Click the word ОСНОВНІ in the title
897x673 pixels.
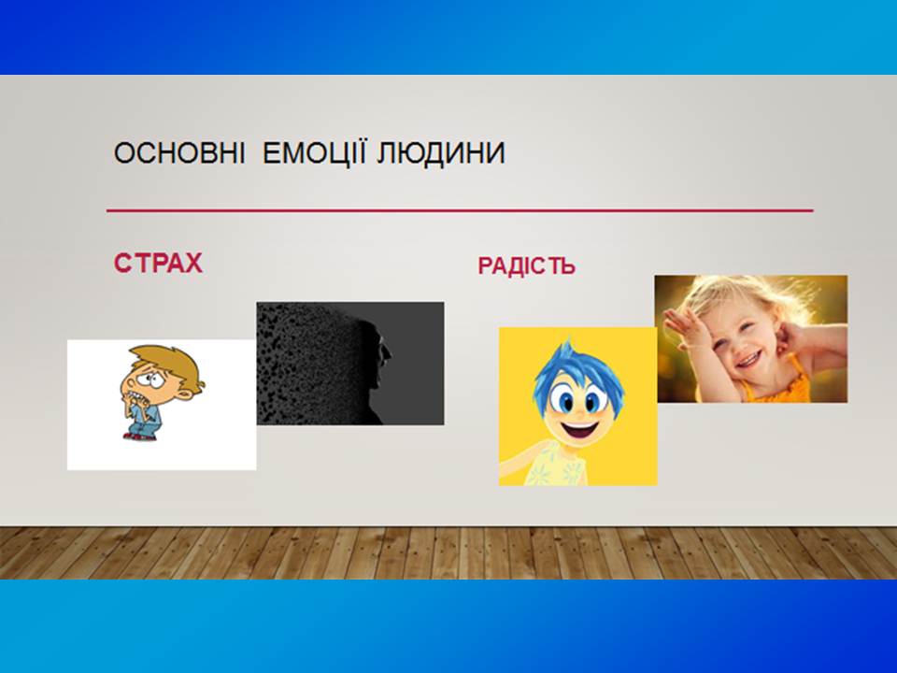pos(179,152)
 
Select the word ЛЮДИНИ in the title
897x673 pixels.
pos(440,152)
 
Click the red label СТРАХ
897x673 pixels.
pos(158,264)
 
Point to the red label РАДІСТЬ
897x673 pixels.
pos(526,266)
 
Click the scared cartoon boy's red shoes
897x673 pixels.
pos(139,437)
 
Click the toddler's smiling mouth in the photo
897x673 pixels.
pos(748,359)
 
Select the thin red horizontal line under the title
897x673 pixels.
pos(460,210)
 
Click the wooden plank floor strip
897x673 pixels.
pos(448,552)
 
